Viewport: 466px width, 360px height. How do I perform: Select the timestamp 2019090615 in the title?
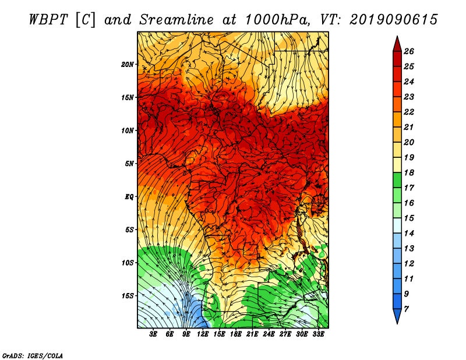393,19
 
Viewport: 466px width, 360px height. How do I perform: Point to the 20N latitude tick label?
128,64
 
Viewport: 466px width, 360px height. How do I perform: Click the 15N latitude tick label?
128,97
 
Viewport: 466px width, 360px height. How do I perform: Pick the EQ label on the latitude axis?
129,196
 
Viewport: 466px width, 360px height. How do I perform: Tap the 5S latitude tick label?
130,230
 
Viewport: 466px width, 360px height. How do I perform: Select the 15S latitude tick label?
128,295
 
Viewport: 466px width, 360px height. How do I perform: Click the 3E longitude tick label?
154,334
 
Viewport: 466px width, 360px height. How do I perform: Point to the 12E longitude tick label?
203,334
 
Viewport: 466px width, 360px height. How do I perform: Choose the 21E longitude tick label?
252,334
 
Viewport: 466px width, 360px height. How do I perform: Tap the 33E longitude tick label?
317,334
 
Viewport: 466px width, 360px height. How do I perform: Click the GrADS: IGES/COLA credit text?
33,355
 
